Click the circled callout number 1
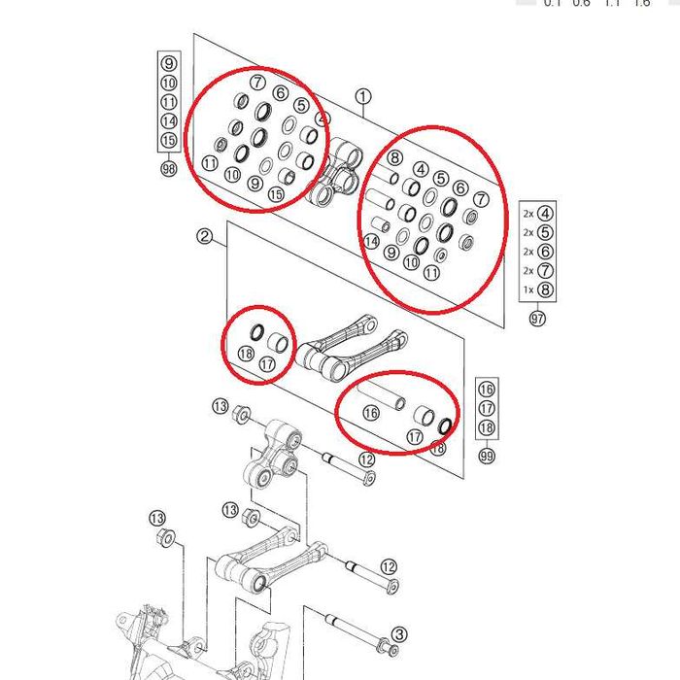click(363, 96)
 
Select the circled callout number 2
click(204, 236)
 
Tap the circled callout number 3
click(399, 635)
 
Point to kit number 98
click(169, 169)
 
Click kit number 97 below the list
click(538, 318)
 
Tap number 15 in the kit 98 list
click(169, 141)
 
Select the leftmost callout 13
click(157, 517)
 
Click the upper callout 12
click(366, 460)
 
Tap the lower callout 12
click(389, 566)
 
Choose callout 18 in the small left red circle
click(246, 355)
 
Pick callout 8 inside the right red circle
click(394, 157)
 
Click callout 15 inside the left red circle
click(277, 194)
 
